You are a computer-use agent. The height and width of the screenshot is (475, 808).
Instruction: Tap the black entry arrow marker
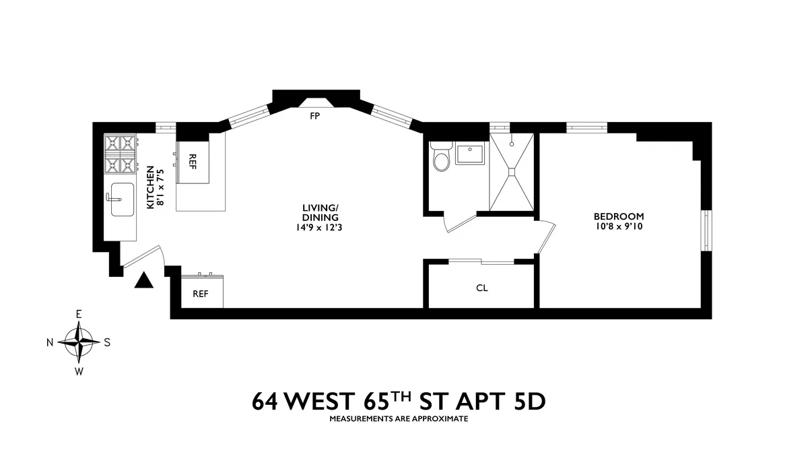point(144,280)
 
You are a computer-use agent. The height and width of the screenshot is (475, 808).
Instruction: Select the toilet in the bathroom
point(441,160)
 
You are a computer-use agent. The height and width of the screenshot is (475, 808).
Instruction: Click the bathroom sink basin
point(471,154)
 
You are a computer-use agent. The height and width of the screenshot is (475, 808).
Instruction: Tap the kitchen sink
point(121,199)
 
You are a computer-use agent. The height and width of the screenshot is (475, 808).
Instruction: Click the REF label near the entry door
point(201,294)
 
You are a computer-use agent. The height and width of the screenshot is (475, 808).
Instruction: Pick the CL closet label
point(481,288)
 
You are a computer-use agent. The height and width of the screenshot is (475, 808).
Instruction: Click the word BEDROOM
point(618,216)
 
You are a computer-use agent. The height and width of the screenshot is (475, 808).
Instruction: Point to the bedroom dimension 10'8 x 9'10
point(618,226)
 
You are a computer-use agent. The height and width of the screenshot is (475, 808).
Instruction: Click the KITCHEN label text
point(151,187)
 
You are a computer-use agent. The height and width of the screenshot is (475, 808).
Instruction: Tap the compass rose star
point(79,342)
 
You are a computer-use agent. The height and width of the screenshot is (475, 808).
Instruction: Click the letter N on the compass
point(50,342)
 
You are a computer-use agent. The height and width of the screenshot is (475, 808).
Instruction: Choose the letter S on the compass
point(108,342)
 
